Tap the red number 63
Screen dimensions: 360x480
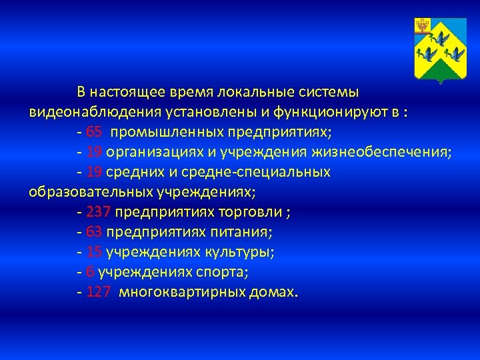94,232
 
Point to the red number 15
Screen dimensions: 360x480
94,252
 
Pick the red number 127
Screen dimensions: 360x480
99,292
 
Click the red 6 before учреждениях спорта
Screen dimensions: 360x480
90,272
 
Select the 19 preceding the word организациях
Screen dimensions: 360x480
94,151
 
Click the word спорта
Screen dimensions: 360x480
223,272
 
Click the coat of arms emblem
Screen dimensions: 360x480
439,51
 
